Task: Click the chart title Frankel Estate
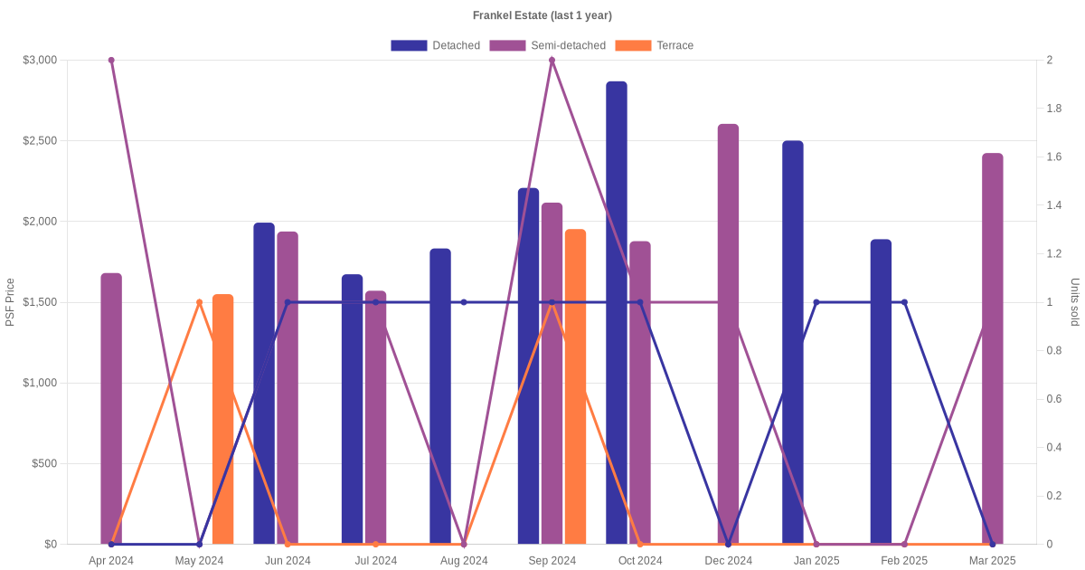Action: pos(542,15)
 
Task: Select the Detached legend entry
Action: pos(435,45)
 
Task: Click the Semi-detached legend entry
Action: pos(547,45)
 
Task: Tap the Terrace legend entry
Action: pos(654,45)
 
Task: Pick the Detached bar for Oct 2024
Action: pos(617,312)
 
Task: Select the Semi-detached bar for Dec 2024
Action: pos(728,335)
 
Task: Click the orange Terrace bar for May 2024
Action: pos(222,419)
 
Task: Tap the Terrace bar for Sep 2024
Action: pos(575,386)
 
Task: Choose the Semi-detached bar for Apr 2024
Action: pos(111,408)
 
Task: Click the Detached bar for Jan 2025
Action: pos(793,342)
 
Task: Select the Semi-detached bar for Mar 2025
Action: pos(992,348)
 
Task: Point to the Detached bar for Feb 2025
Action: pos(881,392)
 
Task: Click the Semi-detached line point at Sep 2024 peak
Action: pos(552,61)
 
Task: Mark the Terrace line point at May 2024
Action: pos(200,302)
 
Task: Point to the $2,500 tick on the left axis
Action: pos(40,141)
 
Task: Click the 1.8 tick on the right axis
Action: pos(1055,109)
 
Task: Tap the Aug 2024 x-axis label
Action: pos(464,561)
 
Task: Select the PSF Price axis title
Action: pos(10,302)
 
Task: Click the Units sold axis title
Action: pos(1075,302)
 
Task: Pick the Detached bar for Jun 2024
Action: pos(264,384)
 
